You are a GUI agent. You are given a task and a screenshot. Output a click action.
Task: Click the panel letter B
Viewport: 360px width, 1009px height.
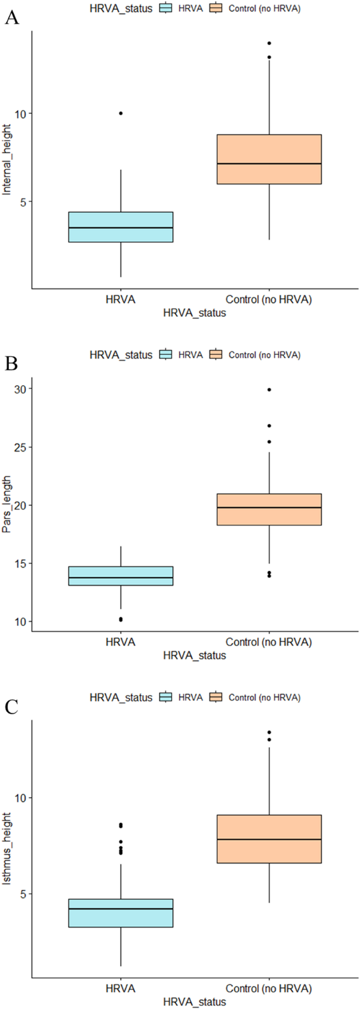[x=12, y=363]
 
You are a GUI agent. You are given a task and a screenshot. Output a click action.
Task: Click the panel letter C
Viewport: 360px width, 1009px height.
[x=12, y=707]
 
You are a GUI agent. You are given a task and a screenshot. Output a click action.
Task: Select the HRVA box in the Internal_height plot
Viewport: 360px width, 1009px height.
[x=121, y=227]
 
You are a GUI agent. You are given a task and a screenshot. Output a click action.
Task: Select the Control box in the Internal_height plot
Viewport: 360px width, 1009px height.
[x=269, y=159]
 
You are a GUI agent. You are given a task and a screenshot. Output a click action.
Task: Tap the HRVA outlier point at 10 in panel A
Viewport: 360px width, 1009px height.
[x=121, y=113]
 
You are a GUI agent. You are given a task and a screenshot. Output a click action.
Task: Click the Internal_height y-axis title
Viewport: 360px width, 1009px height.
[x=7, y=160]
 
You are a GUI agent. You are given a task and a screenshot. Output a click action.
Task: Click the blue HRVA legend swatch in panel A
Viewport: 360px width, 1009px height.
[x=166, y=8]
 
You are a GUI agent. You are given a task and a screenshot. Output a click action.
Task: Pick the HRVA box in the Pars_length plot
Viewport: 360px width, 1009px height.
[x=121, y=576]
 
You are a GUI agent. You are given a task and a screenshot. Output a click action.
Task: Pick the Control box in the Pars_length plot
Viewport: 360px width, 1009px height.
[x=269, y=509]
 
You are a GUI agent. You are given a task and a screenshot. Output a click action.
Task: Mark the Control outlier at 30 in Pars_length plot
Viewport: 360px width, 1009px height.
[x=269, y=389]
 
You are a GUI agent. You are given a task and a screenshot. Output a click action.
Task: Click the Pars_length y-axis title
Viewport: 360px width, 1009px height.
[x=7, y=506]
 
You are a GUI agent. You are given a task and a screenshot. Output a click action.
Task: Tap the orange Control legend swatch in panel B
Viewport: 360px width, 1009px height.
[x=215, y=355]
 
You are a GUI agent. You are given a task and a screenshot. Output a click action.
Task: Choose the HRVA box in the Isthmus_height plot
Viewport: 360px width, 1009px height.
[x=121, y=913]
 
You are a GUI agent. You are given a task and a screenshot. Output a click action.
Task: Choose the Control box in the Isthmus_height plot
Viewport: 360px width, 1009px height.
[x=269, y=839]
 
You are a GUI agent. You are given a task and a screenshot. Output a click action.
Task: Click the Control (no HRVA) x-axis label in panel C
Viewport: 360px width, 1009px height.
[x=269, y=989]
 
